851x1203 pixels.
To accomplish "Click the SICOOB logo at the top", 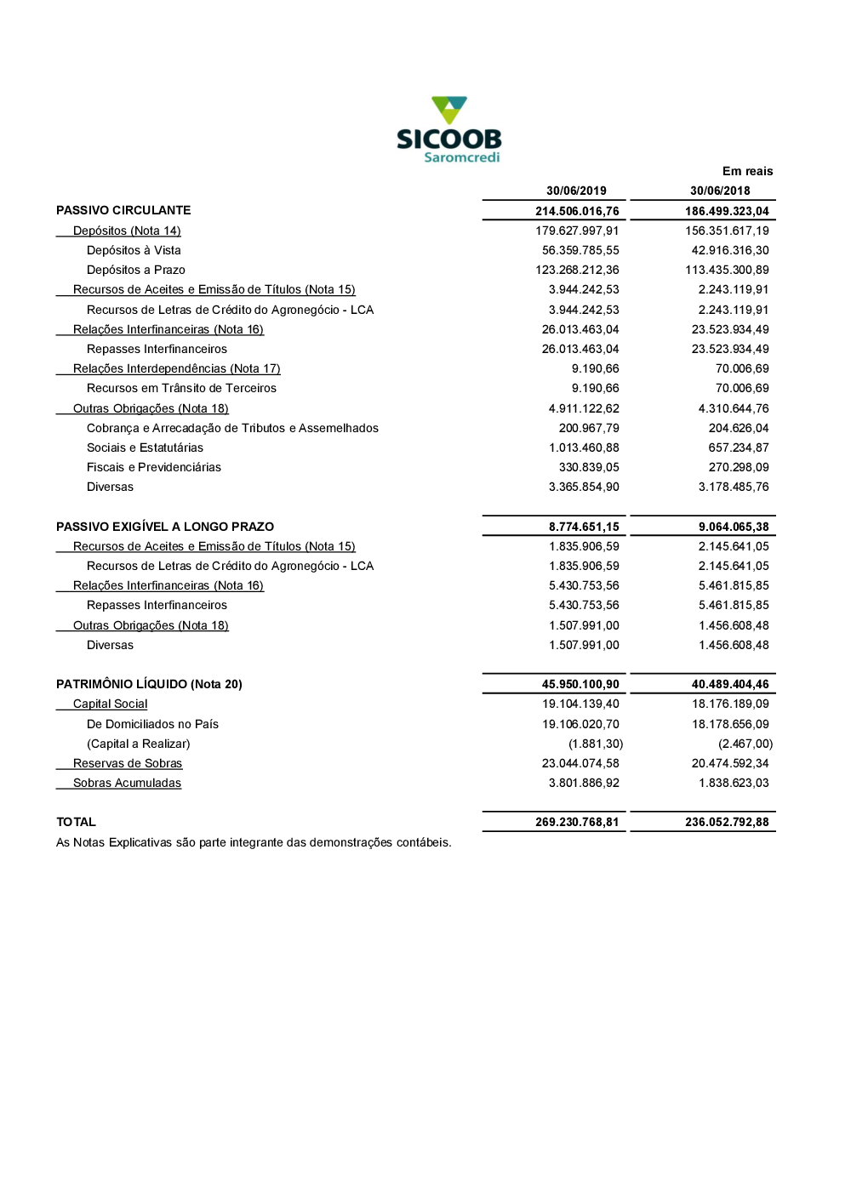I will pos(448,129).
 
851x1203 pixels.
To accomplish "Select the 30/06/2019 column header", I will pos(576,191).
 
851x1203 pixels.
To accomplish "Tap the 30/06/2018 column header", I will pos(720,191).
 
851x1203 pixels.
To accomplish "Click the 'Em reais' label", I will pos(747,171).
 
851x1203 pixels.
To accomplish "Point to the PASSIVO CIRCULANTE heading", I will pos(123,210).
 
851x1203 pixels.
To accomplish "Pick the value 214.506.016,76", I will pos(577,211).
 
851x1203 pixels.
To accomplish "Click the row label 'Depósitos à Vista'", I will pos(134,250).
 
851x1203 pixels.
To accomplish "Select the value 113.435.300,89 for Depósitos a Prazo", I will pos(727,270).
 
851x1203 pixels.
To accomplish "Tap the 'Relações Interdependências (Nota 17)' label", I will pos(176,368).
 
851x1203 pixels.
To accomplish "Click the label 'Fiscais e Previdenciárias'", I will pos(153,467).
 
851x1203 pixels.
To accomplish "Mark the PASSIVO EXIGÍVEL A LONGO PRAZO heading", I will pos(165,527).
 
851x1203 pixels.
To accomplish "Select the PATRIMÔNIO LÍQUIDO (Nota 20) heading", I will pos(149,684).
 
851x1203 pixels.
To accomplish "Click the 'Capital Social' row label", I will pos(110,704).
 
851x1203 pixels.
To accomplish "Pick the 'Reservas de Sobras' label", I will pos(128,763).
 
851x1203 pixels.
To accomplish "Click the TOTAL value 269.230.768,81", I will pos(577,822).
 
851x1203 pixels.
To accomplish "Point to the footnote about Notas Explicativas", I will pos(254,842).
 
